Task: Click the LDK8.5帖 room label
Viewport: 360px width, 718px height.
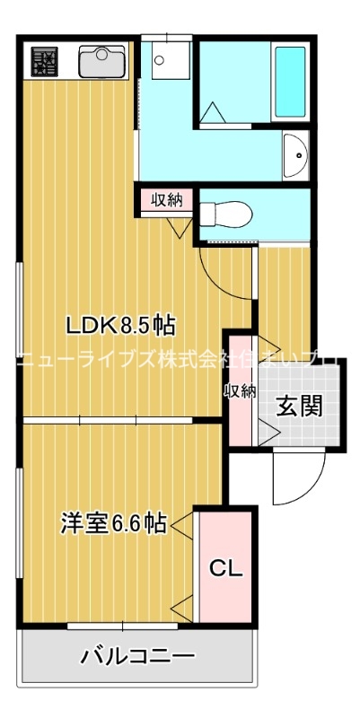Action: [x=117, y=324]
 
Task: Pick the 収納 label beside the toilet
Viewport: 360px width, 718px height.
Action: [x=166, y=199]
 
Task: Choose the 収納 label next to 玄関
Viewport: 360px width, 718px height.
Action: [x=241, y=391]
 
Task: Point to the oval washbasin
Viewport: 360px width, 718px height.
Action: [x=294, y=158]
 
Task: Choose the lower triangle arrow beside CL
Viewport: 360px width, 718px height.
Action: [x=184, y=603]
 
